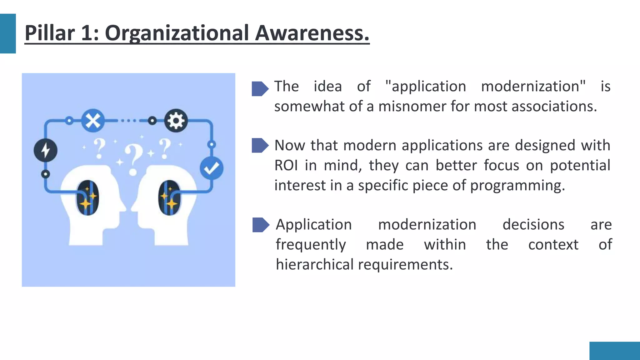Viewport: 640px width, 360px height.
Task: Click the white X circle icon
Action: pyautogui.click(x=93, y=121)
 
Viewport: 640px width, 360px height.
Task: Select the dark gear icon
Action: pyautogui.click(x=176, y=121)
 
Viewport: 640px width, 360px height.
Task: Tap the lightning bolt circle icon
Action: pyautogui.click(x=46, y=150)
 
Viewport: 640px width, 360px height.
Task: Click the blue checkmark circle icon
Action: pyautogui.click(x=212, y=168)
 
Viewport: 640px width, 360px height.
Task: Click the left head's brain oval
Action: pyautogui.click(x=87, y=197)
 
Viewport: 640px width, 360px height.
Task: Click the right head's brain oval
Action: pyautogui.click(x=169, y=197)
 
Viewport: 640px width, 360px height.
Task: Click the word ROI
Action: pyautogui.click(x=286, y=166)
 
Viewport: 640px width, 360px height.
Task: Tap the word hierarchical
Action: pyautogui.click(x=314, y=265)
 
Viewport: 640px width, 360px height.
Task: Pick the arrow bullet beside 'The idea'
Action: pyautogui.click(x=260, y=89)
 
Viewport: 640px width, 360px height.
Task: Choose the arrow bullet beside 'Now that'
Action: pyautogui.click(x=260, y=145)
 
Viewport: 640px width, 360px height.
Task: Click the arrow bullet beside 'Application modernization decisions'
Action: pyautogui.click(x=260, y=225)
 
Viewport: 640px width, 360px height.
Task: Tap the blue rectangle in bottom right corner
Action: pyautogui.click(x=614, y=351)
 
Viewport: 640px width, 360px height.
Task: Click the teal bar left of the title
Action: pyautogui.click(x=8, y=33)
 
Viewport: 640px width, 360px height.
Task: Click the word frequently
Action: pyautogui.click(x=311, y=245)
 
